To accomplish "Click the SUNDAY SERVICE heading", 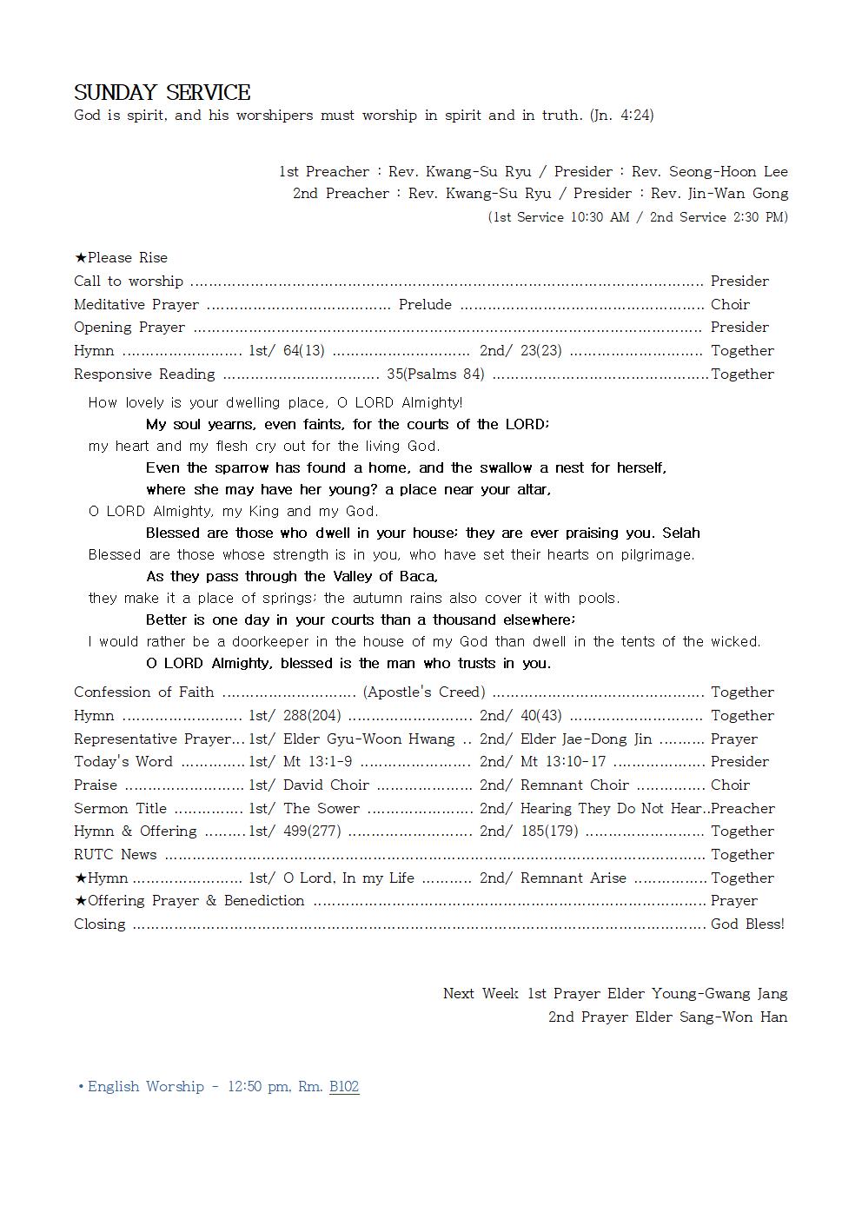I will pos(162,92).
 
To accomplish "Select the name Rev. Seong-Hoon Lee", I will pos(709,171).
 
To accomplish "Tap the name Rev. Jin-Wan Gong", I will pos(719,193).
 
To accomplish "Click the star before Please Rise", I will pos(80,258).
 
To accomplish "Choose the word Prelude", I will pos(425,304).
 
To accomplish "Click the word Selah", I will pos(680,533).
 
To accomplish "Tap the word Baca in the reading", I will pos(419,576).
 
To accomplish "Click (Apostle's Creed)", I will pos(424,692).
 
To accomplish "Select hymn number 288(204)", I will pos(312,715).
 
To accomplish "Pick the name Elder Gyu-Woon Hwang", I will pos(369,739).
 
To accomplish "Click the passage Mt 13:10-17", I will pos(563,761).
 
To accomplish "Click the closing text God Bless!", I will pos(747,924).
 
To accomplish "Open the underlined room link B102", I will pos(344,1086).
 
